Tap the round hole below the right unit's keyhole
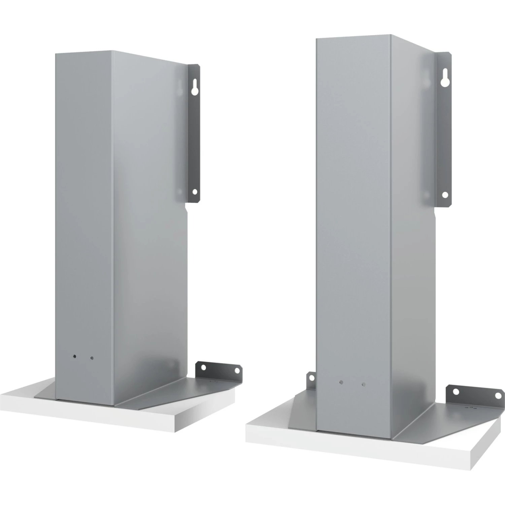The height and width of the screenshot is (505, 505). (445, 194)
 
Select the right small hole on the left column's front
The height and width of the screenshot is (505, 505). (92, 359)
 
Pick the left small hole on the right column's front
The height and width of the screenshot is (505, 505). (341, 382)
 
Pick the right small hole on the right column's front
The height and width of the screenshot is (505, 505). (363, 384)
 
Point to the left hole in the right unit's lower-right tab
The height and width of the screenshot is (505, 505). (456, 393)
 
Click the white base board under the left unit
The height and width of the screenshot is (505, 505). (101, 412)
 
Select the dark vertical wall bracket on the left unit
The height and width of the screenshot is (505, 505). (193, 135)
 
